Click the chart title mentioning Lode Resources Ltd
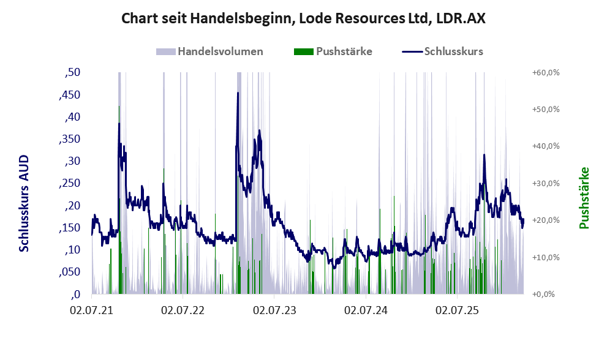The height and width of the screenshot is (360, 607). pos(304,18)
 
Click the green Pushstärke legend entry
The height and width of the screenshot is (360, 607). pos(333,51)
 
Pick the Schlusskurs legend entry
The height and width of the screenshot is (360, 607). pos(443,51)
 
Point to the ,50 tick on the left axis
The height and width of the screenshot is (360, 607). pos(73,73)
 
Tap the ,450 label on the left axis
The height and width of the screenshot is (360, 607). pos(69,95)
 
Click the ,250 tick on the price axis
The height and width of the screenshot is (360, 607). pos(69,183)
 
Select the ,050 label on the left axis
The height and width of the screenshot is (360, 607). pos(69,272)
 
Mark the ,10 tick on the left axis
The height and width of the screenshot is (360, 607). pos(73,250)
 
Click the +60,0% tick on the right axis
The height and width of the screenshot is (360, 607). pos(546,73)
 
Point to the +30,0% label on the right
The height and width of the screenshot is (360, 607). pos(546,184)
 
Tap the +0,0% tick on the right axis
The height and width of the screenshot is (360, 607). pos(543,294)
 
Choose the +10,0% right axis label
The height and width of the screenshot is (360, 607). pos(546,257)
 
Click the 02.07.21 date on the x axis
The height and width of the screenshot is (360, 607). pos(92,311)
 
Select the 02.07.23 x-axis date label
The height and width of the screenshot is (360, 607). pos(274,311)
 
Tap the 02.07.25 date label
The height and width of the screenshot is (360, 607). pos(457,311)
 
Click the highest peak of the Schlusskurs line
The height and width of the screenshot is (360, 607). pos(238,93)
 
